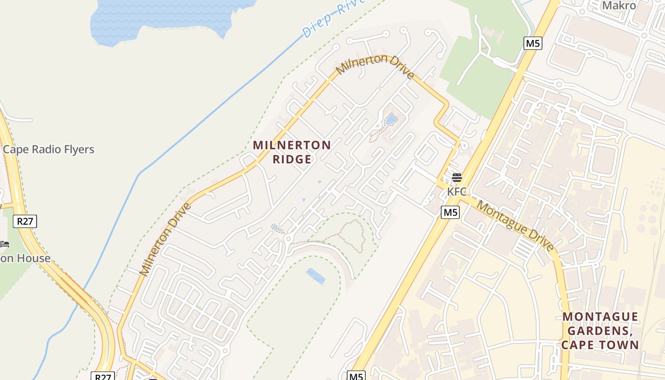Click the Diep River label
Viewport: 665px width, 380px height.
335,19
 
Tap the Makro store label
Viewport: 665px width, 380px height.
619,6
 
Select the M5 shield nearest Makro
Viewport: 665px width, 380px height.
533,43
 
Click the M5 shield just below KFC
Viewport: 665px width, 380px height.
450,212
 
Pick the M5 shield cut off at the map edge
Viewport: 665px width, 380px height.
356,376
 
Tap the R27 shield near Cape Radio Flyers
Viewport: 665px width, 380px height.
25,221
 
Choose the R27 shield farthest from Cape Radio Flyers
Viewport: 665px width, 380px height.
103,377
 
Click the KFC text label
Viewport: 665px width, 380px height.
457,192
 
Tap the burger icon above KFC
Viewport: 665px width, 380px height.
457,178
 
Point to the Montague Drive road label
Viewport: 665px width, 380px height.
515,226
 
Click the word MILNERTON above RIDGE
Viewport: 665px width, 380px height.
292,145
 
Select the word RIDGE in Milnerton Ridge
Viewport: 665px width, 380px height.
292,159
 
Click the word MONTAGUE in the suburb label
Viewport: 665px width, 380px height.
600,317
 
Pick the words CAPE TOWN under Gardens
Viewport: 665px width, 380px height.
600,345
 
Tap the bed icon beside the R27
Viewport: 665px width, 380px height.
5,244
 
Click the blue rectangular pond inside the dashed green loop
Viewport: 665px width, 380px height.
316,276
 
